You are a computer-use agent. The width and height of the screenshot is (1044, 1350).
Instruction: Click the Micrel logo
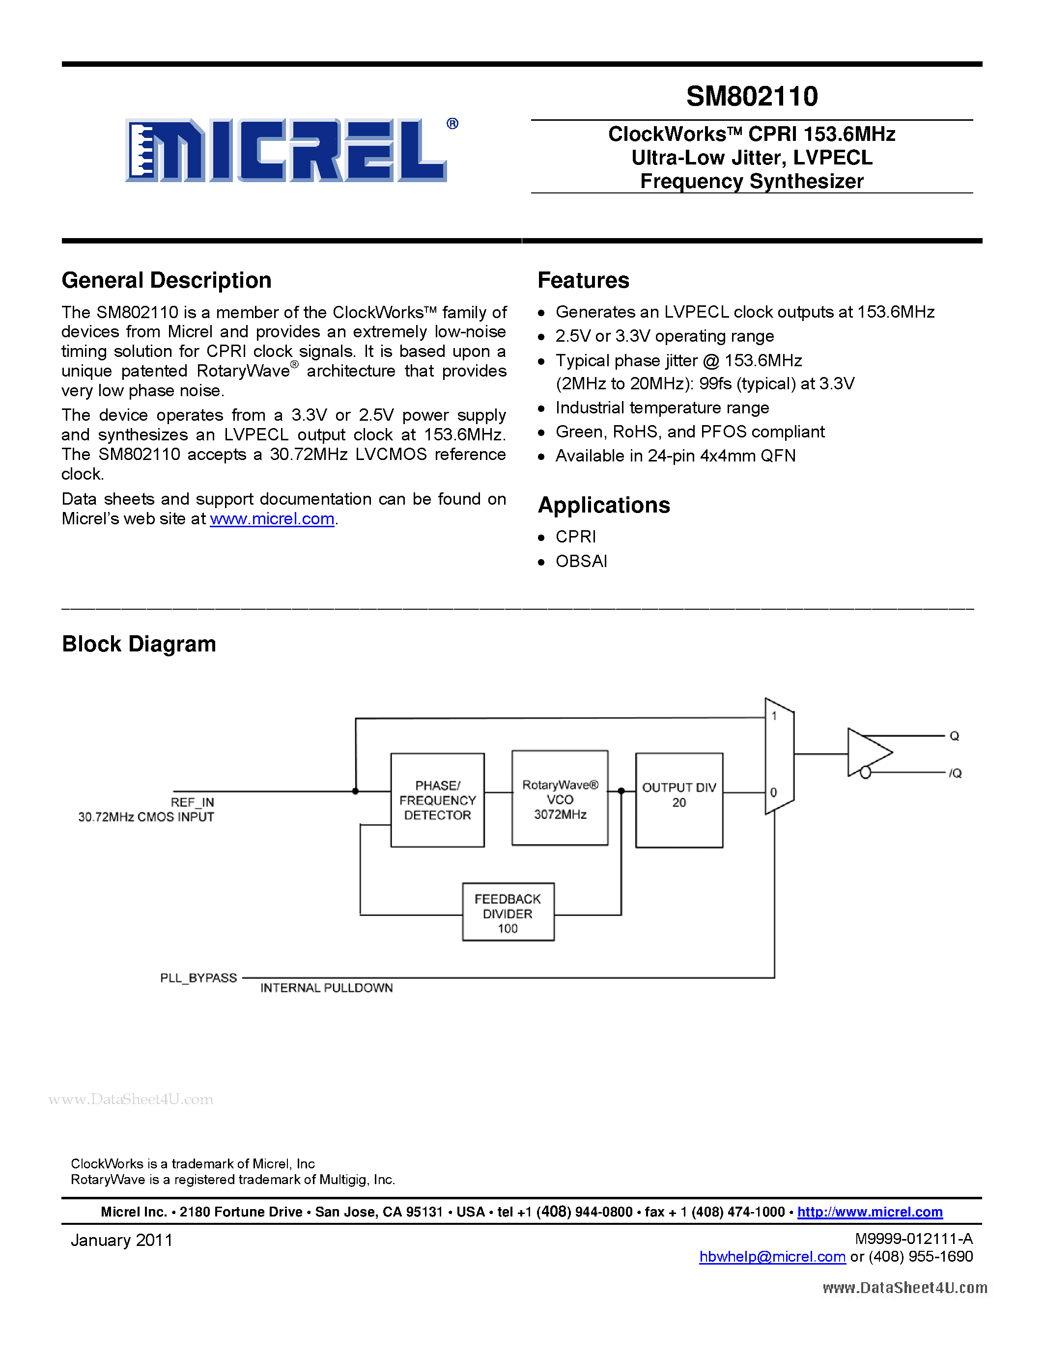click(x=286, y=150)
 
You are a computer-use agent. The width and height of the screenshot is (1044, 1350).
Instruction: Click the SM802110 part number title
click(x=752, y=96)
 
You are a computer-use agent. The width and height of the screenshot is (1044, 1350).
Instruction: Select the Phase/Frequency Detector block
click(x=437, y=800)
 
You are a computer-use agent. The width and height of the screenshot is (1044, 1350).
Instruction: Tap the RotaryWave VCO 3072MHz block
click(x=560, y=798)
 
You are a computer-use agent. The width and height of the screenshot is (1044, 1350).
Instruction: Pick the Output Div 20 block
click(x=679, y=800)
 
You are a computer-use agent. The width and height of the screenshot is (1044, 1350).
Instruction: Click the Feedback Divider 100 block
click(x=508, y=913)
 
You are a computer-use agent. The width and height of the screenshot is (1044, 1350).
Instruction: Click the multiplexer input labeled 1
click(x=774, y=716)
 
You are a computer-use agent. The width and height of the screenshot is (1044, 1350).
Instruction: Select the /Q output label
click(x=956, y=773)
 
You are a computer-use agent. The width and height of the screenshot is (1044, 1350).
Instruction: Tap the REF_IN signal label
click(x=193, y=802)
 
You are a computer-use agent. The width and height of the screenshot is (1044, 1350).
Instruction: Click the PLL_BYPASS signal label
click(x=198, y=978)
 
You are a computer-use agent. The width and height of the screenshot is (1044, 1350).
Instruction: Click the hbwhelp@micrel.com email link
click(x=772, y=1257)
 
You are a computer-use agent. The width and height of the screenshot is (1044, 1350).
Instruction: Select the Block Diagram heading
click(x=139, y=644)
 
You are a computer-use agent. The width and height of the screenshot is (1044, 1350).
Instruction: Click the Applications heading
click(x=604, y=505)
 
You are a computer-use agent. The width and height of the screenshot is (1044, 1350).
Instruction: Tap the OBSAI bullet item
click(x=581, y=561)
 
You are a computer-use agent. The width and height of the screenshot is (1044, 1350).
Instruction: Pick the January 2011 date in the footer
click(x=122, y=1241)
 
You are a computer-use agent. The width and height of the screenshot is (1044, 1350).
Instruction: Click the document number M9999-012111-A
click(x=913, y=1239)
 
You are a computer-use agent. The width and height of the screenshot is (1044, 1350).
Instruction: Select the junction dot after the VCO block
click(x=621, y=791)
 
